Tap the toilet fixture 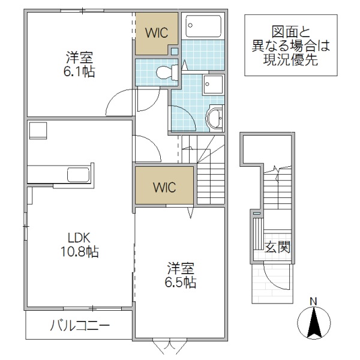tap(165, 73)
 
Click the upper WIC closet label tap(157, 31)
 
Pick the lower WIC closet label tap(164, 187)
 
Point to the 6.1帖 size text tap(80, 72)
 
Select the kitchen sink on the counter tap(78, 175)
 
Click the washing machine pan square tap(213, 85)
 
